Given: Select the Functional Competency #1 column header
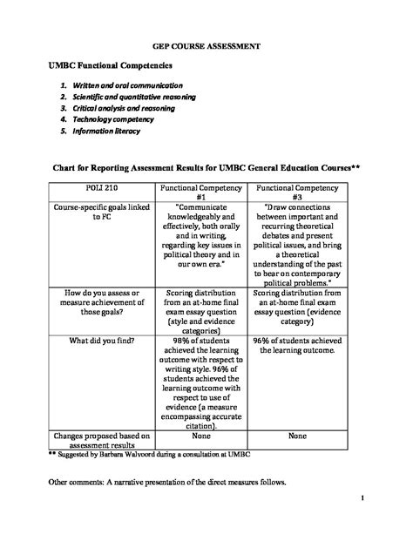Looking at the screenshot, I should (x=201, y=193).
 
